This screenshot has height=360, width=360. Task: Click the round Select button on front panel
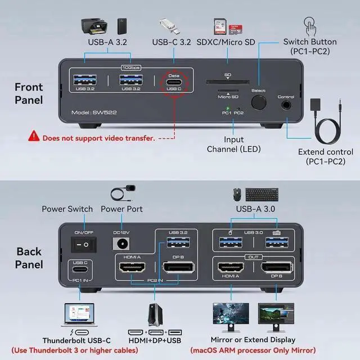(259, 102)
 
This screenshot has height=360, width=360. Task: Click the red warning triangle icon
(34, 137)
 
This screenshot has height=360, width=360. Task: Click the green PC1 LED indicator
(228, 107)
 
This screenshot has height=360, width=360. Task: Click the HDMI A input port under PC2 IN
(132, 268)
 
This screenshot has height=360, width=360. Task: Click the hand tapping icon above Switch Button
(309, 25)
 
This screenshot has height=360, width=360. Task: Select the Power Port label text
(121, 209)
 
